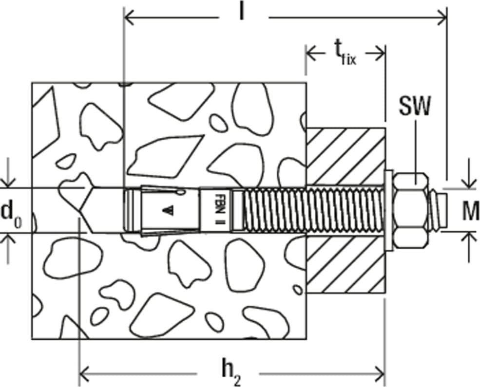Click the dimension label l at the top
coord(242,12)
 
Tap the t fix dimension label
coord(345,55)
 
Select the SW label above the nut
coord(415,106)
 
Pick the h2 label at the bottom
coord(231,373)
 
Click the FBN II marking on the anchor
coord(219,210)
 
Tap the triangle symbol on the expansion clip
coord(168,210)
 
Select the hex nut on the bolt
coord(410,211)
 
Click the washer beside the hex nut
coord(388,211)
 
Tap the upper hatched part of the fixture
coord(346,156)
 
